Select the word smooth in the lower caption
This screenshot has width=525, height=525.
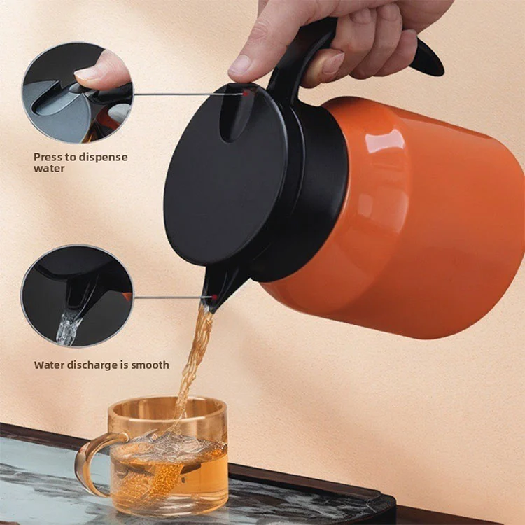pyautogui.click(x=150, y=365)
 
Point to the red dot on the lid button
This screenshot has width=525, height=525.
pyautogui.click(x=246, y=94)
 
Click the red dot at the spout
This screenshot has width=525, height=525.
pyautogui.click(x=215, y=297)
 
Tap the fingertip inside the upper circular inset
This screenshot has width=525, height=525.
pyautogui.click(x=100, y=70)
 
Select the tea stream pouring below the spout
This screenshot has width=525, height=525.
pyautogui.click(x=194, y=362)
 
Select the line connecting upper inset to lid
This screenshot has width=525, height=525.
pyautogui.click(x=188, y=94)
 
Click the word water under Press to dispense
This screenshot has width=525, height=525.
pyautogui.click(x=49, y=168)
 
